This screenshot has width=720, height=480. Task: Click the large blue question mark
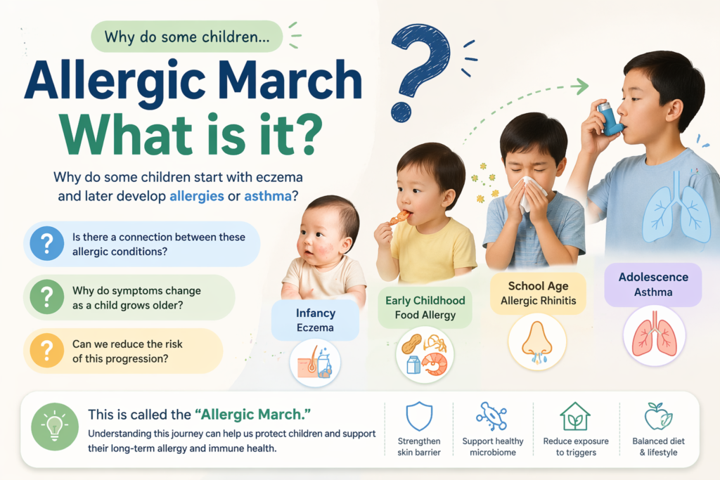[420, 67]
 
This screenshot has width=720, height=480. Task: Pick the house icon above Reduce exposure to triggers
[574, 416]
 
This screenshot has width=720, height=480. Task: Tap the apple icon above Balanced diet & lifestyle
[659, 416]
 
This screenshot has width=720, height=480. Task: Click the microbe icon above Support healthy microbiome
[491, 416]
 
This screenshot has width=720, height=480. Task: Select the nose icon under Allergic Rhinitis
[537, 342]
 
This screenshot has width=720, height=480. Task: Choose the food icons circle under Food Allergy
[425, 354]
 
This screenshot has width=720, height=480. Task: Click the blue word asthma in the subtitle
[267, 196]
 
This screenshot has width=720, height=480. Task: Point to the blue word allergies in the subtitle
[197, 196]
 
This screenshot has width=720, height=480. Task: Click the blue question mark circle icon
[47, 244]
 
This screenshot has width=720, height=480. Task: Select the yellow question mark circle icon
[47, 351]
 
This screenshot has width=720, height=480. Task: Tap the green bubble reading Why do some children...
[186, 37]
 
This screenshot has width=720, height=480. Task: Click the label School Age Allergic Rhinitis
[538, 293]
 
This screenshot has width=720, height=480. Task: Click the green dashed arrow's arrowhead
[581, 87]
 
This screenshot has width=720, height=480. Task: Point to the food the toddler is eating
[401, 217]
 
